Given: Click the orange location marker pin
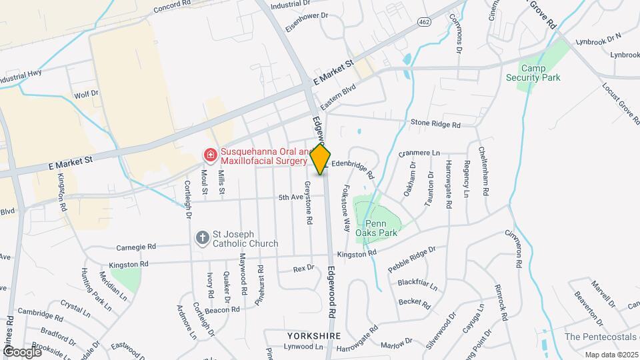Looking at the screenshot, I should [321, 159].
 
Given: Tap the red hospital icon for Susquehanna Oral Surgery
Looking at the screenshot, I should [210, 155].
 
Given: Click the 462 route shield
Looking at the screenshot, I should [425, 22].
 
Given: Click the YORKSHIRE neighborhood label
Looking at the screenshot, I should [314, 336].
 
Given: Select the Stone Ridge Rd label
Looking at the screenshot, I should [435, 124].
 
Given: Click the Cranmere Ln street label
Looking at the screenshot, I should [419, 153].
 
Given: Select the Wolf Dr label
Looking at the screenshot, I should [86, 95].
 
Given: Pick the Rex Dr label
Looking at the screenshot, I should [303, 269].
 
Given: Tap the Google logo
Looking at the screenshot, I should [21, 351].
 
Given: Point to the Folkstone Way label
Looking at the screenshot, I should [346, 207].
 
